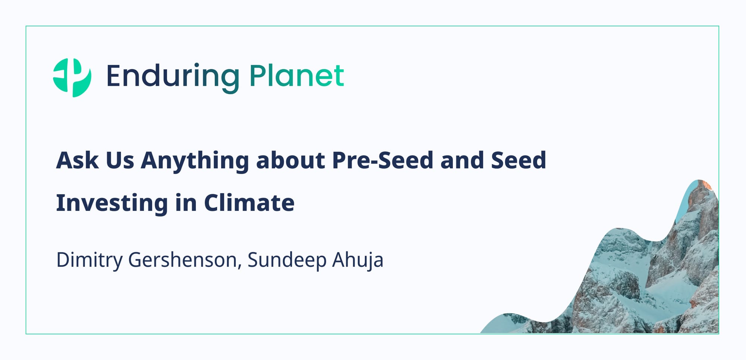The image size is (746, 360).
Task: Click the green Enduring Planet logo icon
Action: pos(72,78)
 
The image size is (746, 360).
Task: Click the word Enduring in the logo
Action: pos(173,78)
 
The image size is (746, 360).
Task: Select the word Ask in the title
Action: pos(77,160)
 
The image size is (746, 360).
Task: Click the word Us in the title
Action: pos(120,160)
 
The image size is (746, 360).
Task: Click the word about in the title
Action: pos(291,160)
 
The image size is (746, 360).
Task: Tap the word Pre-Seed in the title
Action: pos(383,160)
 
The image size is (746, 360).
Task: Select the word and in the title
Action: pos(462,160)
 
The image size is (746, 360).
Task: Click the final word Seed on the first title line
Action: pos(518,160)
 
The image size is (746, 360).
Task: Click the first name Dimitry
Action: pos(89,260)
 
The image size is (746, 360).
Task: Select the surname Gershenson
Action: pos(182,260)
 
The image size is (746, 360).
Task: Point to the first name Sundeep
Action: pos(287,260)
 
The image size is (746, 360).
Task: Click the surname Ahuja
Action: pos(358,260)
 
